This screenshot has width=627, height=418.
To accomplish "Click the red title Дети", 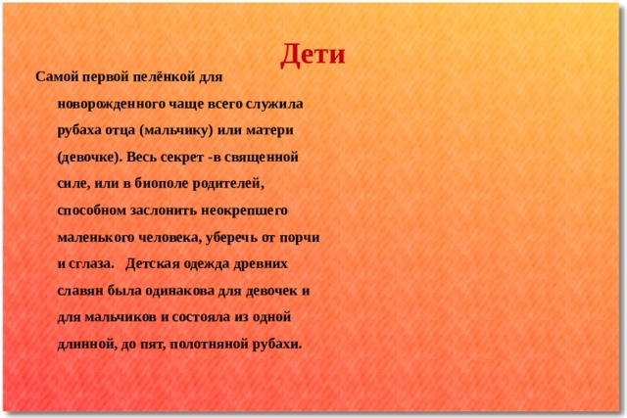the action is pyautogui.click(x=313, y=55).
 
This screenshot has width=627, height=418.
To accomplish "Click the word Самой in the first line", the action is pyautogui.click(x=57, y=76).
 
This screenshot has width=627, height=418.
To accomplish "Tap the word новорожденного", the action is pyautogui.click(x=111, y=104).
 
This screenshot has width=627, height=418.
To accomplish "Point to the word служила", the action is pyautogui.click(x=274, y=104).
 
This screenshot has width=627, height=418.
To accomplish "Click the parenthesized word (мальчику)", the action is pyautogui.click(x=176, y=130).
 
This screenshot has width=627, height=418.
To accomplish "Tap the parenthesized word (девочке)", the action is pyautogui.click(x=89, y=157).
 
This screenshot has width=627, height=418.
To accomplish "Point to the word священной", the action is pyautogui.click(x=262, y=157).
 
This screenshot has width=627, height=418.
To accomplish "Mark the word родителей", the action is pyautogui.click(x=228, y=183).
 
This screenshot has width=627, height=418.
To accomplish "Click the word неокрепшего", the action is pyautogui.click(x=244, y=210).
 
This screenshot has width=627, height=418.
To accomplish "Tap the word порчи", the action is pyautogui.click(x=300, y=237).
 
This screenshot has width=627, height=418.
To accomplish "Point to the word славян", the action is pyautogui.click(x=80, y=291).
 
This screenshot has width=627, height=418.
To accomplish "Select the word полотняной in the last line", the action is pyautogui.click(x=209, y=344).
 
